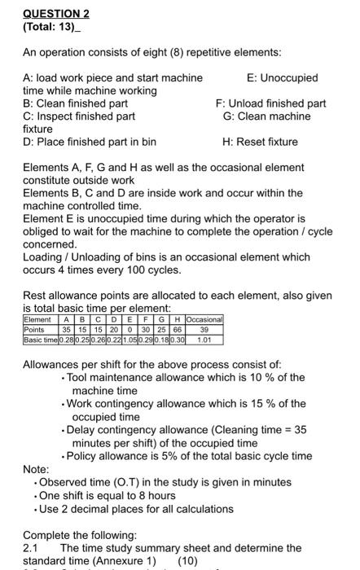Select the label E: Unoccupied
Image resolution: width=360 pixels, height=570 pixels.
tap(282, 78)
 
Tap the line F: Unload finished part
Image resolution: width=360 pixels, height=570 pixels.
tap(270, 103)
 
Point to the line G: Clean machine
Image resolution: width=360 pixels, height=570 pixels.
tap(266, 116)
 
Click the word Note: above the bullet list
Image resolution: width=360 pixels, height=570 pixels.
tap(36, 470)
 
